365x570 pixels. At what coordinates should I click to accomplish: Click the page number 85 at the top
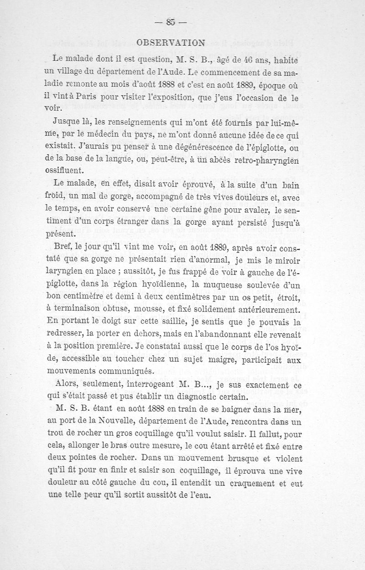point(171,22)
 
